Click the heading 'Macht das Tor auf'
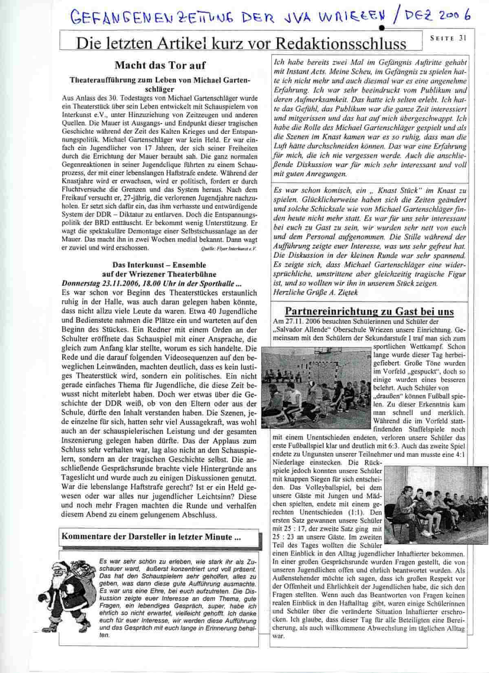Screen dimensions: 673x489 point(160,65)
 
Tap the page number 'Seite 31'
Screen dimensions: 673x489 point(448,38)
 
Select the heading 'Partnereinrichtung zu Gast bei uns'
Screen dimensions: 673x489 point(369,311)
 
